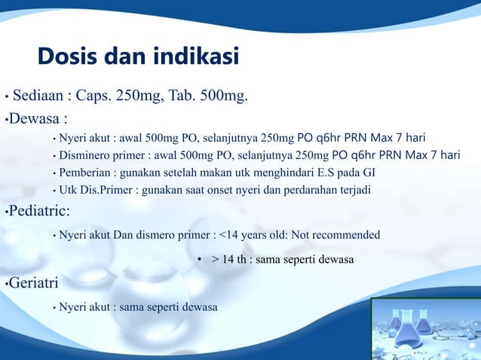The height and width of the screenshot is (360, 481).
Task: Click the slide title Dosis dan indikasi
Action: tap(139, 56)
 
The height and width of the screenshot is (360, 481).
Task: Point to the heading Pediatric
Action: tap(38, 210)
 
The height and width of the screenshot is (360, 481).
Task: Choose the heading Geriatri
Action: tap(35, 284)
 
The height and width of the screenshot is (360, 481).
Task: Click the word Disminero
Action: tap(87, 156)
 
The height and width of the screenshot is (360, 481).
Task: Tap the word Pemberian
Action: tap(86, 173)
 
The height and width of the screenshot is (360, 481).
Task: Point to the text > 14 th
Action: tap(229, 260)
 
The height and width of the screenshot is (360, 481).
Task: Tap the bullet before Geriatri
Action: tap(4, 285)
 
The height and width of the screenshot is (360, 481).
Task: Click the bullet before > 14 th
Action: tap(200, 260)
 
